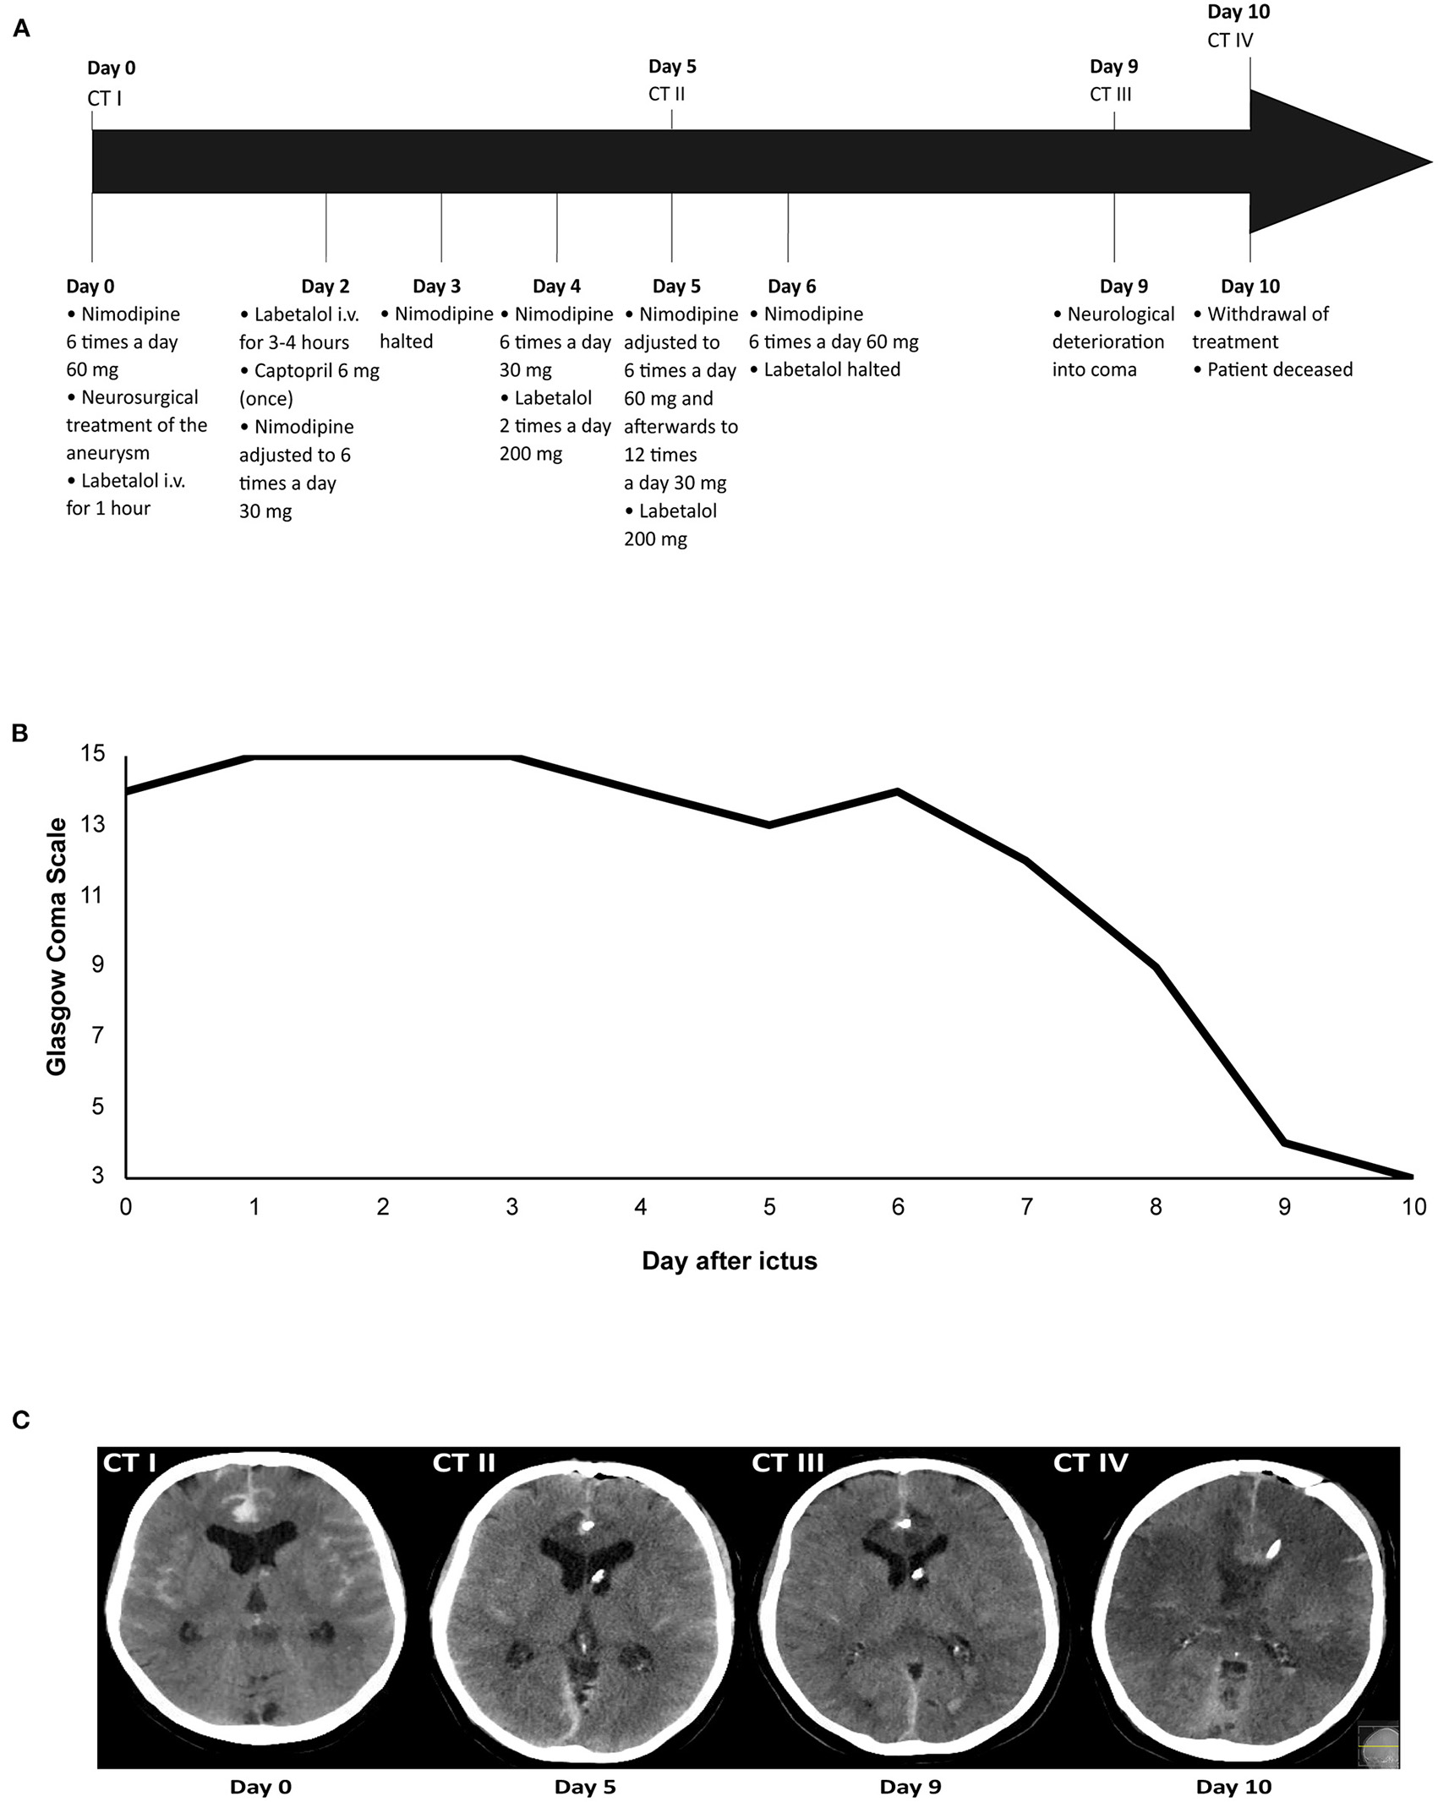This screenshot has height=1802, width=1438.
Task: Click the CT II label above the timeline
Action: [x=666, y=94]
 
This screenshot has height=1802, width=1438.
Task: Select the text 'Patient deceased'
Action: [x=1279, y=369]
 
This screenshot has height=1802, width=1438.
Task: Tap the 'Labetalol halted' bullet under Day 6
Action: [x=832, y=369]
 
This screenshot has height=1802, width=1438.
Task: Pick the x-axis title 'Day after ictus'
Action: [x=729, y=1261]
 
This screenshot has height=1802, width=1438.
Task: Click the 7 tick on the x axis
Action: [x=1026, y=1207]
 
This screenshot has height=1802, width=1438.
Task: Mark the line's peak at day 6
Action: [x=898, y=791]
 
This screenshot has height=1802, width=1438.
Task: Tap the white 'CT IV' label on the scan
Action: [x=1091, y=1463]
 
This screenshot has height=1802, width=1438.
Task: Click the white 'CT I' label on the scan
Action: [x=128, y=1463]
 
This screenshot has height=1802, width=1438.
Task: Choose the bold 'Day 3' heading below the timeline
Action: [x=436, y=287]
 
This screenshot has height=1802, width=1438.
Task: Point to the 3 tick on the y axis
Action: [x=99, y=1175]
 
